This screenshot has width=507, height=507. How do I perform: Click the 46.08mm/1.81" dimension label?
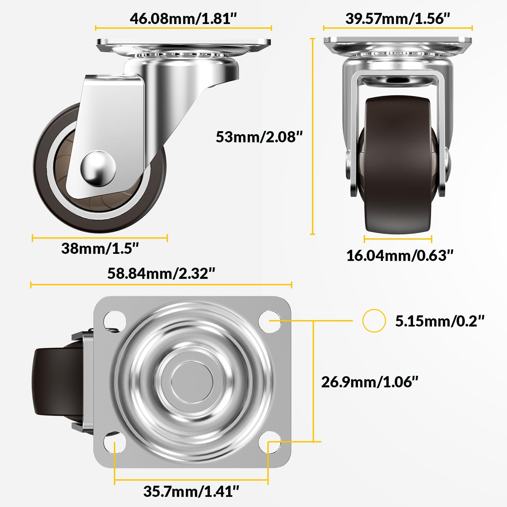pos(183,19)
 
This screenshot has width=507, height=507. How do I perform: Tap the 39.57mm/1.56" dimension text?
pos(397,19)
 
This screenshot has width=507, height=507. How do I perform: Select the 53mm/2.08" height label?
pos(259,137)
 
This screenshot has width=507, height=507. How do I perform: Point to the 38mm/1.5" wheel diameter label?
pos(100,248)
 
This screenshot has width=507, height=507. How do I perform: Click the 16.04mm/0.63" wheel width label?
pos(400,256)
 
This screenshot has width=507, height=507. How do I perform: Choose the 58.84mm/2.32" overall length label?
pos(161,273)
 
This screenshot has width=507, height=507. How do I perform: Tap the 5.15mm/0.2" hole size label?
pos(440,321)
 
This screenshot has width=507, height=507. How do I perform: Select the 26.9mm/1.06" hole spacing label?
pos(369,382)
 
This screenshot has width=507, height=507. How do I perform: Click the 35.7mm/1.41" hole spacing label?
pos(191,491)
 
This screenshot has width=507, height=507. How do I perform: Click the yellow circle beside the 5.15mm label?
pos(374,320)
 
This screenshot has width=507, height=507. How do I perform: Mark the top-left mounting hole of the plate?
pos(115,320)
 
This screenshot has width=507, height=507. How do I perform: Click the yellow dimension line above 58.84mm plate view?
pos(161,285)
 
